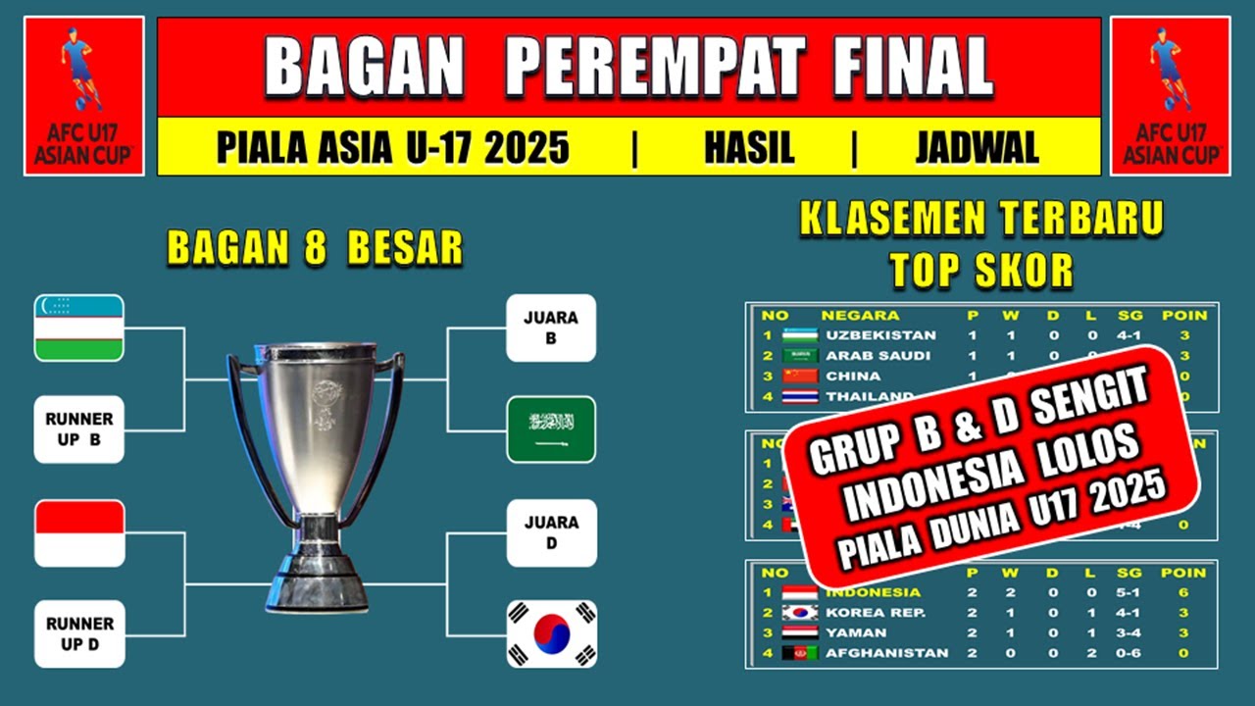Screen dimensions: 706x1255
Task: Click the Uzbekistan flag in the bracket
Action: (x=79, y=328)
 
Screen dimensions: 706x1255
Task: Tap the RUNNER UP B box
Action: (x=79, y=429)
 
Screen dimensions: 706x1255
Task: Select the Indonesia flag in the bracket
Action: (x=79, y=533)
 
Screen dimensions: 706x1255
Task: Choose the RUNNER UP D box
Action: (x=79, y=633)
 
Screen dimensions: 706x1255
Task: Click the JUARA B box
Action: (x=551, y=328)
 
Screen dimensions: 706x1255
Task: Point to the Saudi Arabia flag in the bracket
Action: (x=551, y=429)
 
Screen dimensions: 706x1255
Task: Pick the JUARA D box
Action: (x=551, y=532)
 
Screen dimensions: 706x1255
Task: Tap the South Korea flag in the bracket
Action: (x=551, y=633)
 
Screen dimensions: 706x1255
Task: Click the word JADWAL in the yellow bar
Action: (x=977, y=148)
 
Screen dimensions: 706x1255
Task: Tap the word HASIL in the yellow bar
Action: (x=749, y=148)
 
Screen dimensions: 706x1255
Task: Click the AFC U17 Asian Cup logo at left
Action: (x=84, y=95)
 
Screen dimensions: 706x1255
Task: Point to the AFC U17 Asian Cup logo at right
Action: (x=1170, y=95)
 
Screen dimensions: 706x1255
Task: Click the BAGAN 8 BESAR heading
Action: (x=315, y=249)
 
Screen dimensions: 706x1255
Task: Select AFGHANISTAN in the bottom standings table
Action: (x=886, y=652)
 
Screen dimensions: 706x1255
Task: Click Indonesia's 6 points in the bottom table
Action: (x=1183, y=592)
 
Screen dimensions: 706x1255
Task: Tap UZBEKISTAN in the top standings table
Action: (x=880, y=335)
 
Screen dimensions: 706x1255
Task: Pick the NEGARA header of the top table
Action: (x=860, y=316)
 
